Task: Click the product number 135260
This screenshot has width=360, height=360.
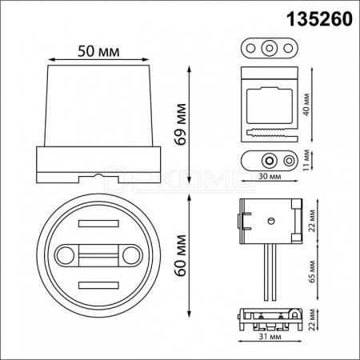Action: pos(319,19)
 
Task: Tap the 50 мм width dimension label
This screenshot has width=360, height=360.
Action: pos(98,51)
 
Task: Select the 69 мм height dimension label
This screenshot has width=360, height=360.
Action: pos(180,124)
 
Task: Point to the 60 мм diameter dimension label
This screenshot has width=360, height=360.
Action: pos(180,255)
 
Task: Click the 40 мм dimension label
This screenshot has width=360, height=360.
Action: pos(306,105)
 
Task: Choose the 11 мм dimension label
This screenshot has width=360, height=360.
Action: pos(306,160)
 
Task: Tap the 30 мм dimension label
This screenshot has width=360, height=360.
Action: pos(270,176)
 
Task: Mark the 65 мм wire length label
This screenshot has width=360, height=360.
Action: pos(312,271)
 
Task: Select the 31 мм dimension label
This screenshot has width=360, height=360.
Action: pos(270,337)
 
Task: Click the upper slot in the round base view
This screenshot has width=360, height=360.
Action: pos(98,223)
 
